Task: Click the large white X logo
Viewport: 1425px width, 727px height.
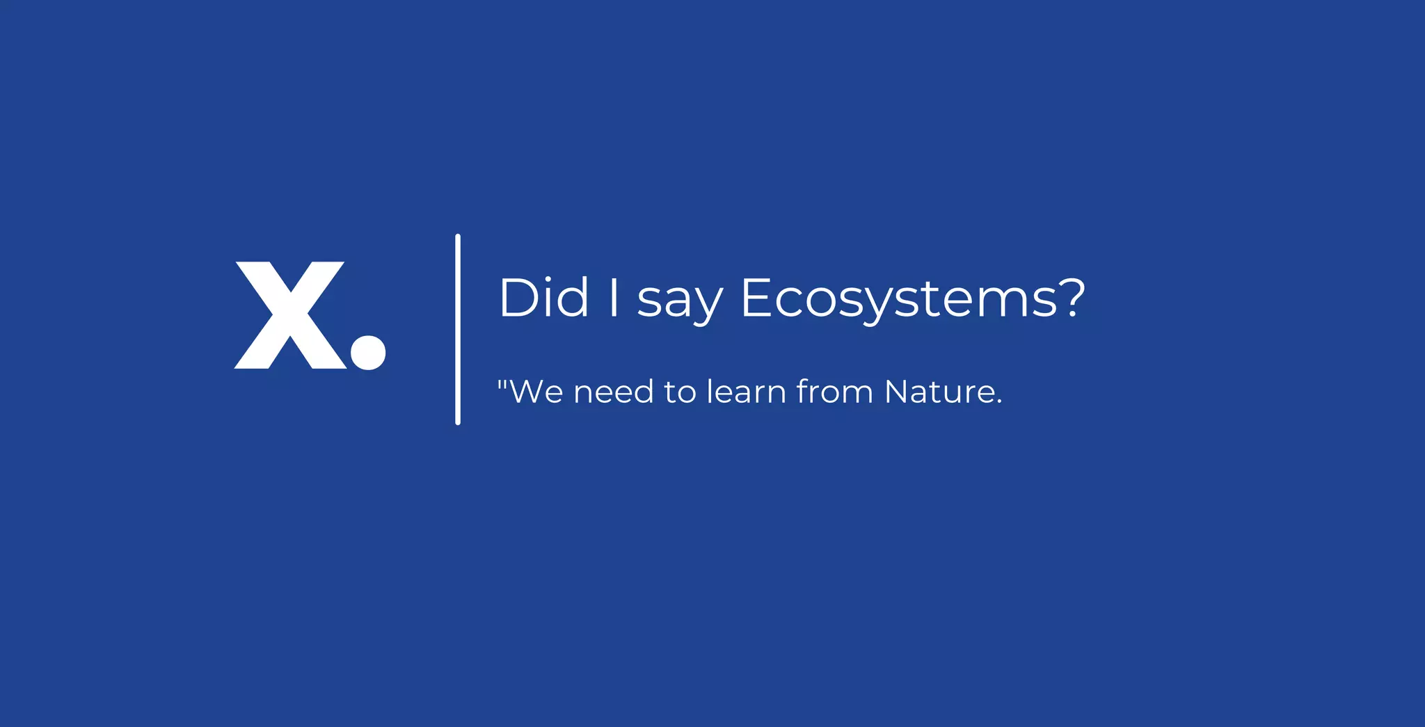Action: [x=290, y=315]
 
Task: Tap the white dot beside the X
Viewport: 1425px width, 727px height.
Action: [x=368, y=353]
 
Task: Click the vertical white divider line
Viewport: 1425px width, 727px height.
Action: [x=458, y=329]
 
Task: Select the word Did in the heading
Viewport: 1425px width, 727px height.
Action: [x=543, y=298]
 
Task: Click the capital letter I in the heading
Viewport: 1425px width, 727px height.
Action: [x=614, y=298]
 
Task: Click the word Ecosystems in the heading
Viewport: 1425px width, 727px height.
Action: [x=898, y=299]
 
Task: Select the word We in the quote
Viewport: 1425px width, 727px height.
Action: [x=536, y=392]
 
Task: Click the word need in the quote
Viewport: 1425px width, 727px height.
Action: [x=614, y=392]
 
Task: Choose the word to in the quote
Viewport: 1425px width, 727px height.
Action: [x=680, y=392]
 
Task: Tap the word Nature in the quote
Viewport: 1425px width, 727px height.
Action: [x=939, y=392]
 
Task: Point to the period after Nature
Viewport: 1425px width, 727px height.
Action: [x=999, y=401]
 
